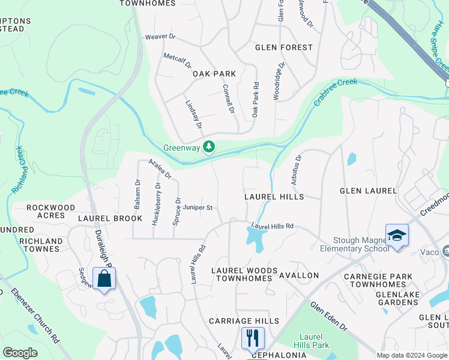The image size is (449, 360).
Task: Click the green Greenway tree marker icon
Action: coord(209,147)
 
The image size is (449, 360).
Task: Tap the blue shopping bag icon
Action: coord(104,279)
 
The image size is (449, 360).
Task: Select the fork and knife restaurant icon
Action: coord(253,338)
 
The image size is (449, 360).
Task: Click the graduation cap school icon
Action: coord(397,236)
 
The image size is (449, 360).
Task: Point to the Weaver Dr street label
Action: coord(160,37)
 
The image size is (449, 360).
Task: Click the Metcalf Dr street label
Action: coord(177,61)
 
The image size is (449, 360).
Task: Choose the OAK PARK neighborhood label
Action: coord(214,74)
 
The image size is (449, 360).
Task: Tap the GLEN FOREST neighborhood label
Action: coord(284,47)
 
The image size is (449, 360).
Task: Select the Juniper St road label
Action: coord(198,208)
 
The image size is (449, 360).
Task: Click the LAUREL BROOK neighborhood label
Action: coord(110,218)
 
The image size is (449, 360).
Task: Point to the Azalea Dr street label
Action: coord(160,170)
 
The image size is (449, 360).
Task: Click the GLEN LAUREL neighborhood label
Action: coord(368,191)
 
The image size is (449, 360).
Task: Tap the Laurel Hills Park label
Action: coord(311,340)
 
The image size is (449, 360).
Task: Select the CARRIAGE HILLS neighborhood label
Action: coord(244,321)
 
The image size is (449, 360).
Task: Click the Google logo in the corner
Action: coord(20,353)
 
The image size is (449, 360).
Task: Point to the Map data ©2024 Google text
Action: coord(411,355)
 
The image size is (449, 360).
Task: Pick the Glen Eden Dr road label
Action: coord(328,316)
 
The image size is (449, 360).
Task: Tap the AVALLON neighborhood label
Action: coord(299,275)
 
